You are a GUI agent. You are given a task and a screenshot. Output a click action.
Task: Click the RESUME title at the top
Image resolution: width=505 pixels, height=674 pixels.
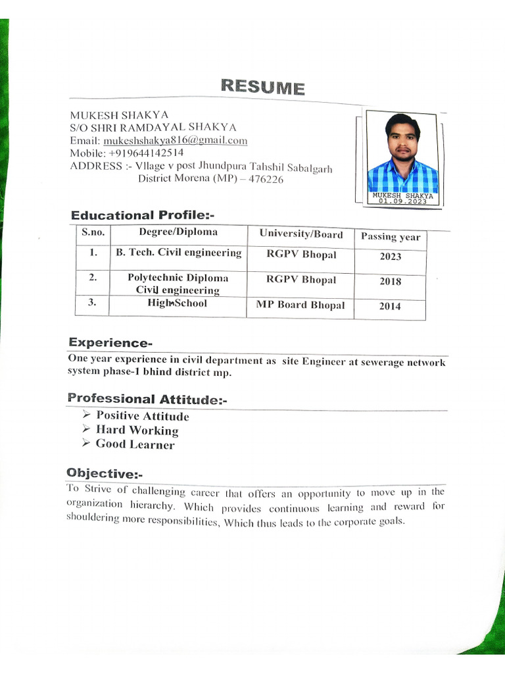262,87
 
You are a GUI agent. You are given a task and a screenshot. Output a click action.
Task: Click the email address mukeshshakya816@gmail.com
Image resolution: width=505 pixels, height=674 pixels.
175,140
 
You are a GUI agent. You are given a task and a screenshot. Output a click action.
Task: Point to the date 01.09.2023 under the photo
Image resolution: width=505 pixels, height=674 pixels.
402,201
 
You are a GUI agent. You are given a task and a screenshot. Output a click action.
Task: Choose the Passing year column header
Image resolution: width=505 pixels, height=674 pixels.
390,237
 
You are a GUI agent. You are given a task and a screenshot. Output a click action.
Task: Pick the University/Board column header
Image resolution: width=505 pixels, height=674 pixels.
301,234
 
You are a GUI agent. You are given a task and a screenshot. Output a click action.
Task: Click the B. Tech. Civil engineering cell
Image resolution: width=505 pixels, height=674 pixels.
178,253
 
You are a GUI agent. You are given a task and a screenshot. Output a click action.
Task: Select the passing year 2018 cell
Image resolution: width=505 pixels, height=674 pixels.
390,282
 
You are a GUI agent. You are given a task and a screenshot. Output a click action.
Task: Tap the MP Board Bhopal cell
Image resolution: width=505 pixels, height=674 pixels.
300,305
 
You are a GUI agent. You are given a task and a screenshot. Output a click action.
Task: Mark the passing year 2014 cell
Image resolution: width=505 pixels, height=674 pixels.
390,306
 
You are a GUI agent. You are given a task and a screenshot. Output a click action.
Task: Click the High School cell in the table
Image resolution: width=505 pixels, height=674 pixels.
178,303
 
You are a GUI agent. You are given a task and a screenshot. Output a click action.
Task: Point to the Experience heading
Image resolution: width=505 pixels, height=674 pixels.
110,343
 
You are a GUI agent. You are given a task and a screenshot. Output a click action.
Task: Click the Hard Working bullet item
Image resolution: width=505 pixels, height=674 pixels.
137,430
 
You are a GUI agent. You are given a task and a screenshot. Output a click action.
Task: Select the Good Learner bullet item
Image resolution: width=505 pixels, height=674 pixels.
135,444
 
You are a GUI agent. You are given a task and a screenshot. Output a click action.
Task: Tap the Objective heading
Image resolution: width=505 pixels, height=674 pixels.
105,473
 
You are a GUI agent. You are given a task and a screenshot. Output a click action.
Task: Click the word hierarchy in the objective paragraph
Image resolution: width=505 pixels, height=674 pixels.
152,505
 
